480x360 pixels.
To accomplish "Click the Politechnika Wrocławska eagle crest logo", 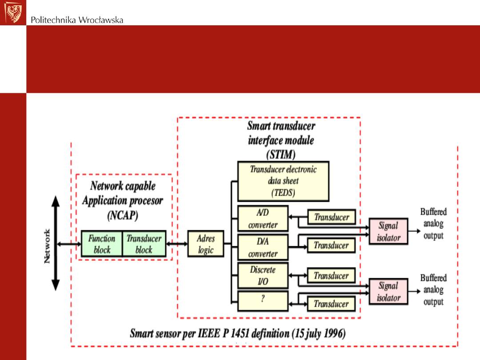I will coord(13,12).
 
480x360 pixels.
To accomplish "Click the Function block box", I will coord(102,244).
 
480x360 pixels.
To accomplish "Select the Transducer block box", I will coord(144,244).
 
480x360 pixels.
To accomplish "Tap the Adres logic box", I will coord(206,244).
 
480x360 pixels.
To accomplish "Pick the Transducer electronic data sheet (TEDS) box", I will coord(283,181).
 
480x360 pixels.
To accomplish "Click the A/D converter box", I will coord(263,219).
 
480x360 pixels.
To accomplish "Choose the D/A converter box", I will coord(263,248).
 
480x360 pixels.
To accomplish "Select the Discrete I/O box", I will coord(263,276).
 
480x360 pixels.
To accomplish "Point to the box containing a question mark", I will coord(263,301).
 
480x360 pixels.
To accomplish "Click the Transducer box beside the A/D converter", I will coord(332,217).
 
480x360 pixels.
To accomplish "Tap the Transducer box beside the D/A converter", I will coord(332,245).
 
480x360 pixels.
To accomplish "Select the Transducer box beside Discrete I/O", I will coord(332,276).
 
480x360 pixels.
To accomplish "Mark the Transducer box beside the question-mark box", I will coord(332,304).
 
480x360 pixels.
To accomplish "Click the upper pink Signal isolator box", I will coord(388,232).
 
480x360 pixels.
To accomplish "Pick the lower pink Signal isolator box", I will coord(388,292).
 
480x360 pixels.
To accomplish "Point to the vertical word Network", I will coord(48,246).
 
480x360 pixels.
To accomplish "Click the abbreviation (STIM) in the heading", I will coord(280,155).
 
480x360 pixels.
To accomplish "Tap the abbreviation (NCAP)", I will coord(123,216).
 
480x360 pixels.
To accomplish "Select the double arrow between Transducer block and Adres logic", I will coord(177,244).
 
